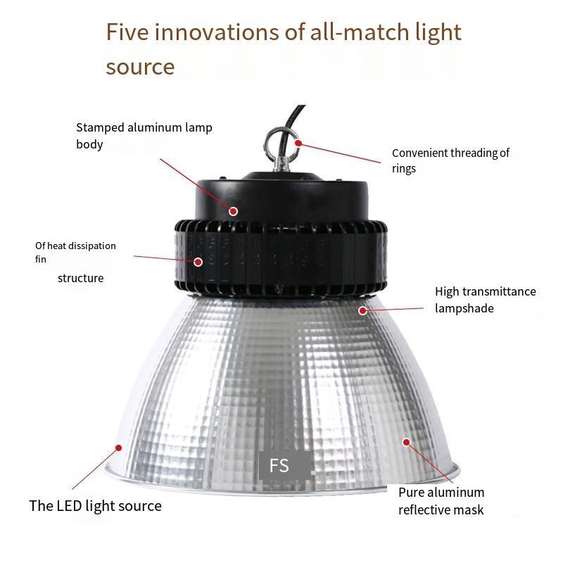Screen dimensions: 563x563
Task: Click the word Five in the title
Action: pos(127,32)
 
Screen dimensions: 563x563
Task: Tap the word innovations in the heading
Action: pos(217,32)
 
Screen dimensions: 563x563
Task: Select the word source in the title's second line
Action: pos(140,67)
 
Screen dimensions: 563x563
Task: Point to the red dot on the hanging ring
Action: pos(298,143)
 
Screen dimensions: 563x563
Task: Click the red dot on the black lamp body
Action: pos(234,211)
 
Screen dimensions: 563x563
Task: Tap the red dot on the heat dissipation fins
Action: pos(198,262)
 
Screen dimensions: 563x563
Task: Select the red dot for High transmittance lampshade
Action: pos(362,310)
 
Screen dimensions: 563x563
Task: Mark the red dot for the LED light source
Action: pos(118,448)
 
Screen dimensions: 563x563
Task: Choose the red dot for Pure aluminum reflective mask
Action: pos(407,442)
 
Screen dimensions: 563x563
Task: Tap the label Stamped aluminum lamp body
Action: pos(144,136)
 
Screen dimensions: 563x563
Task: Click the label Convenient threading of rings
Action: pos(450,160)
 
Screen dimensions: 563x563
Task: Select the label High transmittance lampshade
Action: pos(486,300)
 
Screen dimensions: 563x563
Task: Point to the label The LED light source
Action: pos(96,505)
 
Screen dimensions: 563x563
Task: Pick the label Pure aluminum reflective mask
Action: pos(441,501)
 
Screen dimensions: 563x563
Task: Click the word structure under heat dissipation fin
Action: pos(81,278)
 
